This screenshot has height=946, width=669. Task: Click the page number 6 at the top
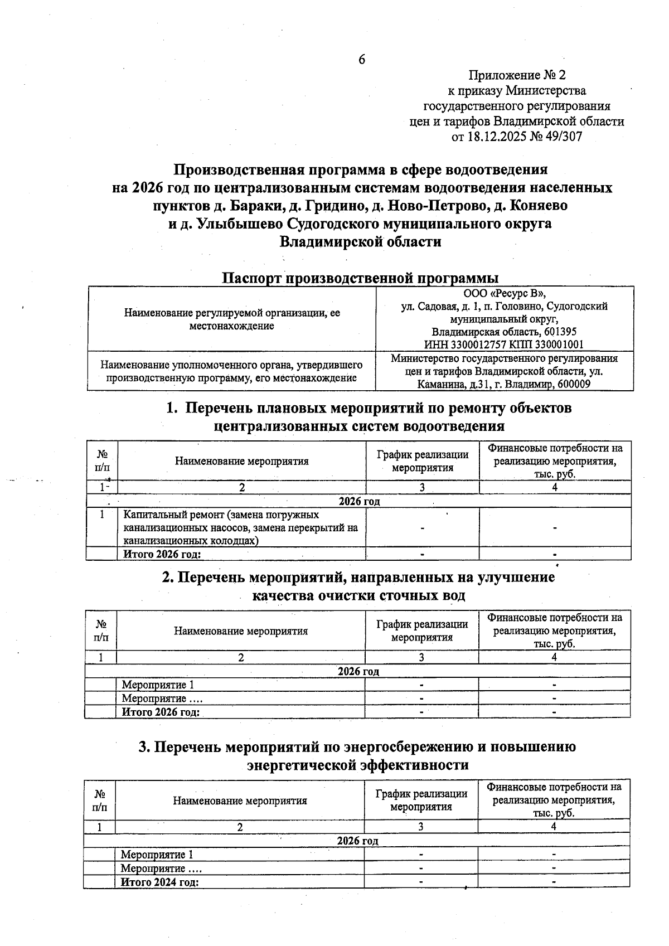coord(361,59)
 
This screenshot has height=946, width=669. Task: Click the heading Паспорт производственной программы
coord(360,278)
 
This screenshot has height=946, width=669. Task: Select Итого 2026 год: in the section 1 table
coord(162,554)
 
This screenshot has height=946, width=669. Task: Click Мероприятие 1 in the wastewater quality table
coord(158,685)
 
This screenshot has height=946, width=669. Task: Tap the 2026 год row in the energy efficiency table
coord(357,841)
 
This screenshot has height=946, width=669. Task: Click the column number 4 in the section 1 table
coord(555,487)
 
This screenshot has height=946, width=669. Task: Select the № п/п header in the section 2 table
coord(101,630)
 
